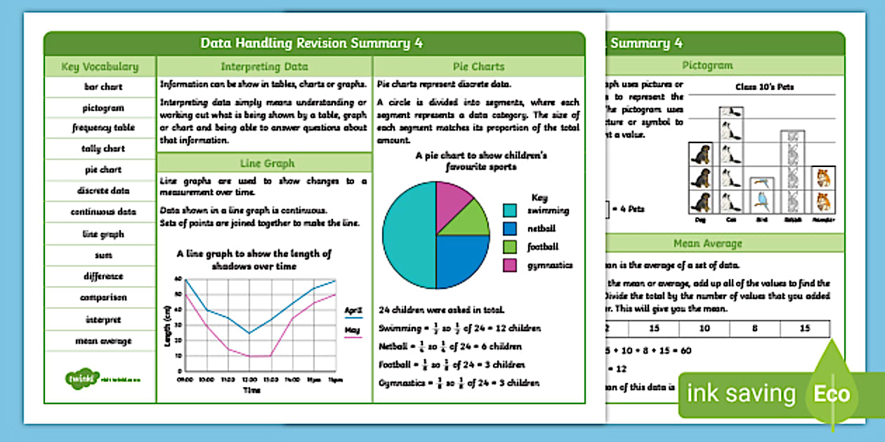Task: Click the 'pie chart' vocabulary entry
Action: pos(100,170)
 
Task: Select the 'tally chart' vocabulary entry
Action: pos(100,149)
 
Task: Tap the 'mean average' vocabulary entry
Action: pos(100,341)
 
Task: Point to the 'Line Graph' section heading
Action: pos(264,163)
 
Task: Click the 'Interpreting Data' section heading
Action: pos(264,67)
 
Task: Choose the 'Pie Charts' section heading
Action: pos(478,67)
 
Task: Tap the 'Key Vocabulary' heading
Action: pos(100,67)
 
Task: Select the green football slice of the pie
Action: pos(471,221)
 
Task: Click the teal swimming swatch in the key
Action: pos(510,210)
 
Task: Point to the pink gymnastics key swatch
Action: pos(510,265)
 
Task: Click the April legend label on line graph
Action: pos(353,309)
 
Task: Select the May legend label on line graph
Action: pos(353,330)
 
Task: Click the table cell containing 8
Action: pos(754,328)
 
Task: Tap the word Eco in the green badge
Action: pos(832,394)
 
